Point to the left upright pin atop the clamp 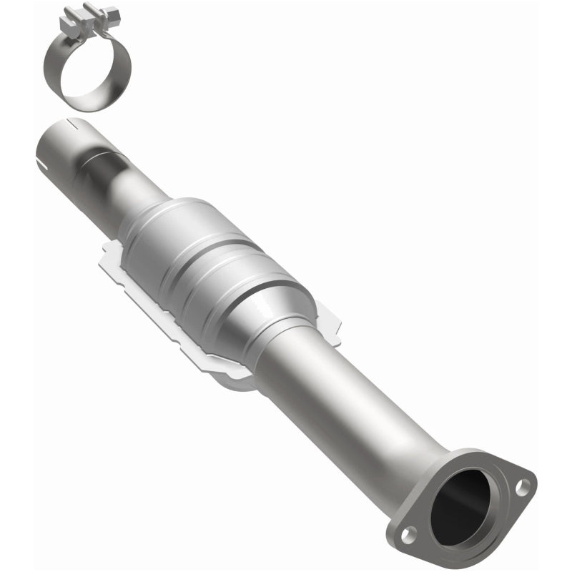70,12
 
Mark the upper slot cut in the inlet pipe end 71,123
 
